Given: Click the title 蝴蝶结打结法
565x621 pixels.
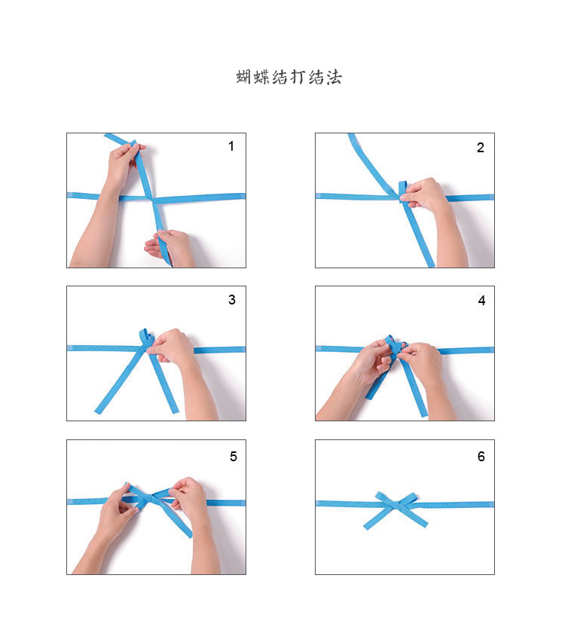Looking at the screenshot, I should [x=289, y=77].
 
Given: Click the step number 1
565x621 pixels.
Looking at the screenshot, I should [x=231, y=146].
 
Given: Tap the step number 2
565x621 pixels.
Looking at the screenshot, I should [x=480, y=147].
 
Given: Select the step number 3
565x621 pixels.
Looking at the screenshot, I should [x=231, y=300].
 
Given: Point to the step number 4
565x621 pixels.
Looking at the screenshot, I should [x=481, y=301].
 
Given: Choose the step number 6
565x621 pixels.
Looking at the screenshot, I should [x=481, y=457].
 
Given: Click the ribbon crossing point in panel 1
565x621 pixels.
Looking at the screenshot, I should [x=153, y=199].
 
